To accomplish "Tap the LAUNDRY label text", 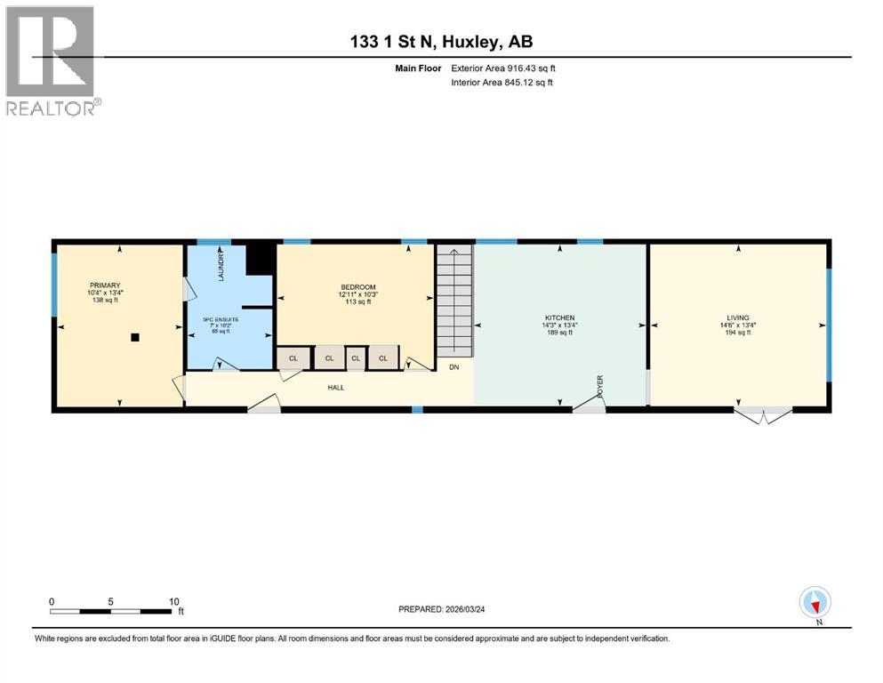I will pos(221,265).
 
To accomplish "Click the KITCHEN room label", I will pos(559,317).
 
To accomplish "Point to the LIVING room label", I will pos(737,317).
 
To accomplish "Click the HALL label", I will pos(335,387).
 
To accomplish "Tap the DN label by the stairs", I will pos(454,366).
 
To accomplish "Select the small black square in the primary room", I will pos(134,337).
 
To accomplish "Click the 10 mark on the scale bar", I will pos(173,601).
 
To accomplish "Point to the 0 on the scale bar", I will pos(52,601).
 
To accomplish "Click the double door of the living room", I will pos(762,414).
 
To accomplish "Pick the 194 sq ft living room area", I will pos(737,332).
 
